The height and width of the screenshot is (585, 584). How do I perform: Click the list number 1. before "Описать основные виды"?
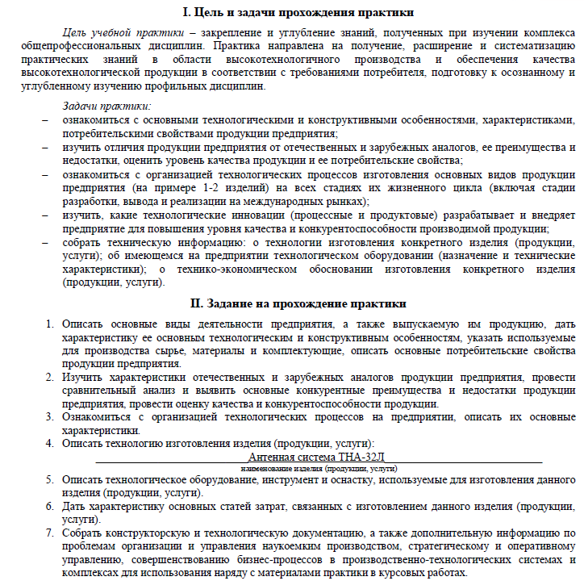tap(48, 324)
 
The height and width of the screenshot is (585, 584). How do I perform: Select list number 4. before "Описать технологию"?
tap(48, 443)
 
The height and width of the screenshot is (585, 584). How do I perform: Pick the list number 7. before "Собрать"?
tap(48, 533)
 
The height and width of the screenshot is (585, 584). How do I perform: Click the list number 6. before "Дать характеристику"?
tap(48, 506)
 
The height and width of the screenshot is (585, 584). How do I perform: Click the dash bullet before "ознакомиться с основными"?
tap(45, 119)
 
